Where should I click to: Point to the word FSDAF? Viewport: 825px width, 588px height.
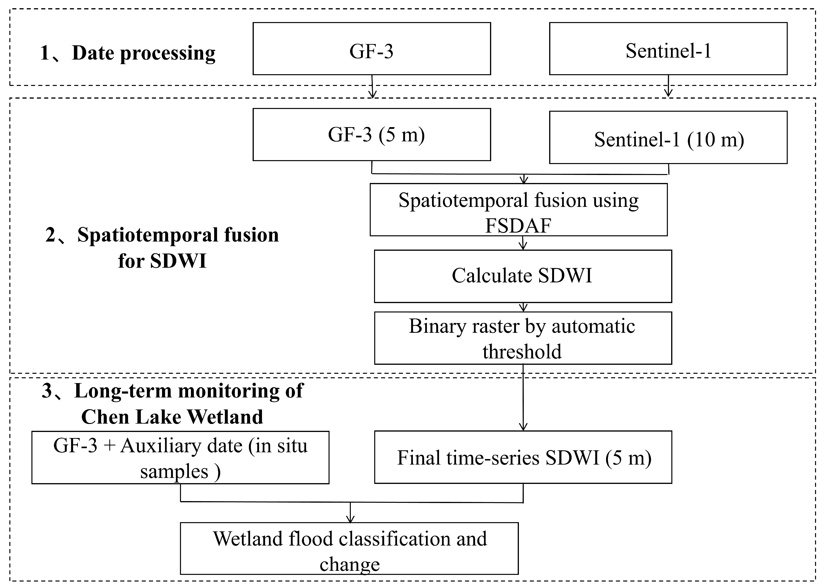(x=518, y=225)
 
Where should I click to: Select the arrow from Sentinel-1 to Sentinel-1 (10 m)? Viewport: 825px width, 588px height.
(x=668, y=86)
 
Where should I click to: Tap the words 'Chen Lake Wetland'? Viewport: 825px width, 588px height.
(x=172, y=417)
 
